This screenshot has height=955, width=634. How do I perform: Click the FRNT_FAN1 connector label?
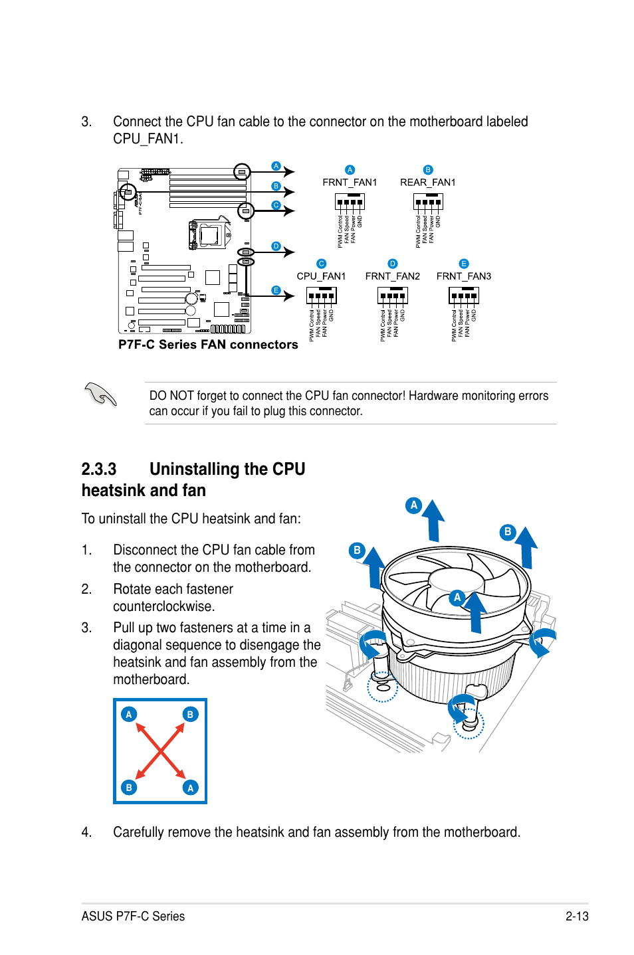point(350,183)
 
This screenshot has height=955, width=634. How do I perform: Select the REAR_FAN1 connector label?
point(427,183)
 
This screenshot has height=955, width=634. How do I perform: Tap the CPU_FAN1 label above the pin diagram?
point(321,276)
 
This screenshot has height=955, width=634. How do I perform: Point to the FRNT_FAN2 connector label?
point(392,276)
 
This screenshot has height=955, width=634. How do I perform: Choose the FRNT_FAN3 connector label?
point(463,276)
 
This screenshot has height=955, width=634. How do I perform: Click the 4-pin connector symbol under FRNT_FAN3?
point(463,296)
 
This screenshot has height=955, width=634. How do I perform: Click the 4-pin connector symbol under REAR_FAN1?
point(427,202)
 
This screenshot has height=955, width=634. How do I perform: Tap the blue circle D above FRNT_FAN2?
point(392,264)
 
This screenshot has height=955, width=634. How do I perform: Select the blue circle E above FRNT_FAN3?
point(464,264)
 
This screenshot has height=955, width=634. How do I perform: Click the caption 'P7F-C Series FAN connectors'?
point(208,345)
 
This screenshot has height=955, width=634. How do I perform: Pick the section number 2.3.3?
point(98,470)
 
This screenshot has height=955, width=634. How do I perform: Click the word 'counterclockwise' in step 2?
point(163,606)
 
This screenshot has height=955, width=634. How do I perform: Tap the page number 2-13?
point(577,916)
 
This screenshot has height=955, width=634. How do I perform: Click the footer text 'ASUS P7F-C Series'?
point(133,916)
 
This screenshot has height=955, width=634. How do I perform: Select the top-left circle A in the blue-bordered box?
point(129,715)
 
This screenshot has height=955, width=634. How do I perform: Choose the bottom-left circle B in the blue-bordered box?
point(129,788)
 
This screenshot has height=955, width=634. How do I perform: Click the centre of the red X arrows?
point(160,751)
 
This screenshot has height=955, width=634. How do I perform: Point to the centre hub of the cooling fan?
point(455,580)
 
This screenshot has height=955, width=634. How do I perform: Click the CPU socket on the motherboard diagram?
point(209,234)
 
